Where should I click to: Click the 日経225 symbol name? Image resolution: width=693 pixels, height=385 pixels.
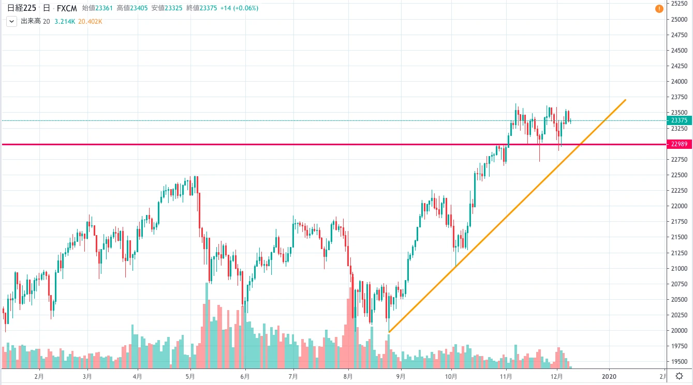click(x=21, y=8)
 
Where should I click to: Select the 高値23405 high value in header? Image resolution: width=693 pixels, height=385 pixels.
click(x=132, y=8)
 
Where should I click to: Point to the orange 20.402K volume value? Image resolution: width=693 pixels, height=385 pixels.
click(x=91, y=22)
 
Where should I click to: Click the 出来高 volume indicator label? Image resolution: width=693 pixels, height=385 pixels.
click(x=30, y=22)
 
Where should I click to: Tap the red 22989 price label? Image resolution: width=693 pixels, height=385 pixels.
click(x=680, y=144)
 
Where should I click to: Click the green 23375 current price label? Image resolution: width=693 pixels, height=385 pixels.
click(x=680, y=120)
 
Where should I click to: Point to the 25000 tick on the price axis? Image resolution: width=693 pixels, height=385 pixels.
click(x=679, y=20)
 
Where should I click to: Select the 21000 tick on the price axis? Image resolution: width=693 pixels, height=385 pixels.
click(x=679, y=268)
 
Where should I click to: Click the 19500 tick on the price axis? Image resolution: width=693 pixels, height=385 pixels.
click(x=679, y=362)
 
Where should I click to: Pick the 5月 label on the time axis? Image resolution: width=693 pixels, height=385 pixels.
click(x=190, y=376)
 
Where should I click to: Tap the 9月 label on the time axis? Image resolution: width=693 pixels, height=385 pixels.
click(x=401, y=376)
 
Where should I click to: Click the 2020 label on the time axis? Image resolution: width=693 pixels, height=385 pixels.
click(x=610, y=376)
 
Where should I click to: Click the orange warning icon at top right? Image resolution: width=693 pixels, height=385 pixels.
click(x=659, y=9)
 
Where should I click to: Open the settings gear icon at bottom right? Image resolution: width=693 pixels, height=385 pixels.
click(x=680, y=376)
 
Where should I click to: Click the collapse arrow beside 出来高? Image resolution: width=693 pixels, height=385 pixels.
click(x=11, y=22)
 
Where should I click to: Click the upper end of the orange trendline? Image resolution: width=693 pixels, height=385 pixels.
click(x=626, y=100)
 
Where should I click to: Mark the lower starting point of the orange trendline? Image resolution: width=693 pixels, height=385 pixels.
click(x=389, y=332)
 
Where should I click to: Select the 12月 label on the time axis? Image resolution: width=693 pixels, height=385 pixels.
click(x=557, y=376)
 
